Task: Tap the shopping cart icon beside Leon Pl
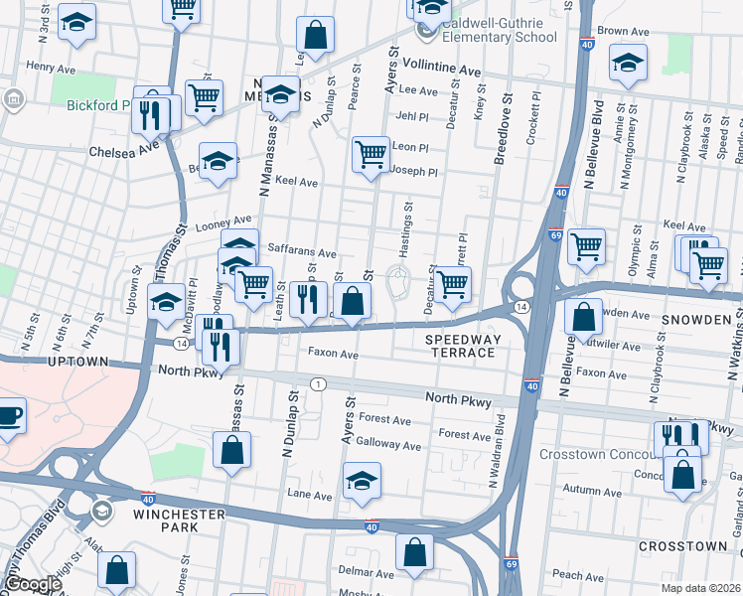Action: pyautogui.click(x=371, y=154)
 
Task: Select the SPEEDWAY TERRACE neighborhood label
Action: pyautogui.click(x=460, y=346)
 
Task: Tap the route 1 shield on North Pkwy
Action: pyautogui.click(x=317, y=383)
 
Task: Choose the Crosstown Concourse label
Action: pyautogui.click(x=596, y=454)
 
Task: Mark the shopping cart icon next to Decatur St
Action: pyautogui.click(x=453, y=283)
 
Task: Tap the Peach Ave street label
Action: pyautogui.click(x=579, y=574)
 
